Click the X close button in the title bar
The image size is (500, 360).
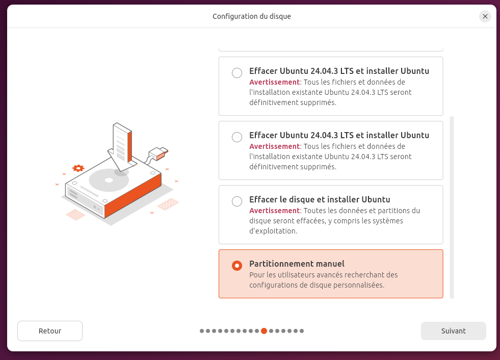(x=485, y=16)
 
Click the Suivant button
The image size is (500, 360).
(x=454, y=331)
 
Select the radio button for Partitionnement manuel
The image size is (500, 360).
(x=237, y=266)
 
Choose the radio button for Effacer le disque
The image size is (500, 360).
(x=237, y=201)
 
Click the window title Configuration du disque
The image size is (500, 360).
(x=252, y=16)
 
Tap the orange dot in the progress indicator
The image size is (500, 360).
(x=264, y=331)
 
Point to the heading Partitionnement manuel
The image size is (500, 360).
(x=297, y=264)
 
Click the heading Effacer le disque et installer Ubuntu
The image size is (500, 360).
(x=320, y=199)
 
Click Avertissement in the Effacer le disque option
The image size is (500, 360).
(x=275, y=211)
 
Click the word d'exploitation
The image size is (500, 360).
(x=273, y=231)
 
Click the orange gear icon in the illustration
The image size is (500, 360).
(x=78, y=168)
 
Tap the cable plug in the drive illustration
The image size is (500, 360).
(x=159, y=153)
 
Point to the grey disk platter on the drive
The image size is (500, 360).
(x=109, y=180)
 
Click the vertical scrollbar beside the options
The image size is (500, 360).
(x=452, y=208)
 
